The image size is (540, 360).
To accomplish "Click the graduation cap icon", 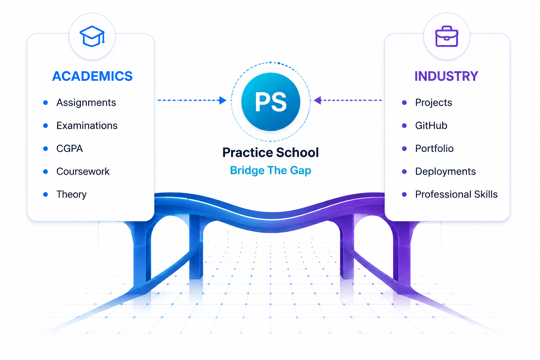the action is coord(92,36).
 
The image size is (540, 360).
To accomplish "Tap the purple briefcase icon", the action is coord(447,36).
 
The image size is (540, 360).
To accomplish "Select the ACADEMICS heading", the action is coord(92,76).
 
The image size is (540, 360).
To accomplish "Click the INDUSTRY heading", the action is coord(446,76).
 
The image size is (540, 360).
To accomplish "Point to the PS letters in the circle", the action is coord(271,102).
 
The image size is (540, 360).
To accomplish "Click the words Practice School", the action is coord(270,152).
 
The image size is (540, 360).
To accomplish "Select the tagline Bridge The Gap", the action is coord(270,171).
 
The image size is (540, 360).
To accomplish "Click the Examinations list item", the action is coord(87,126).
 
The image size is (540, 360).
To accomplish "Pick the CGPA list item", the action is coord(70,148).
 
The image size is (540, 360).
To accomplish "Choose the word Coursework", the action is coord(83,172).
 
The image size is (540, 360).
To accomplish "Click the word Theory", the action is coord(71,194).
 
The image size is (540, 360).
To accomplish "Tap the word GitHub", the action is coord(431,126).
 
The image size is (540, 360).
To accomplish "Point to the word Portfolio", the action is coord(434,148).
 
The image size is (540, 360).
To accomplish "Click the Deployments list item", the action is coord(445,172).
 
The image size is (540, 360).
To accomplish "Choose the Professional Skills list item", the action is coord(456,194).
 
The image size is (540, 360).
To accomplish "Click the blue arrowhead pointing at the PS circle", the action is coord(223,100).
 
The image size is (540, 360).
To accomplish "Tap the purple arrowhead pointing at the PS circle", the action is coord(318,100).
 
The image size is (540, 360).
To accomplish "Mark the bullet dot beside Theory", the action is coord(45,194).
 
